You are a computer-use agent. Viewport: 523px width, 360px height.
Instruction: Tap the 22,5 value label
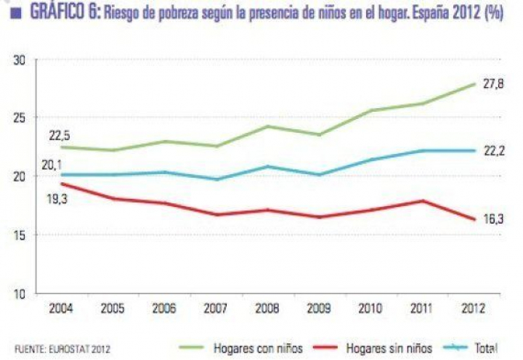(x=60, y=134)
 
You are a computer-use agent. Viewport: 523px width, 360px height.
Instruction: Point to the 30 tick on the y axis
(x=20, y=60)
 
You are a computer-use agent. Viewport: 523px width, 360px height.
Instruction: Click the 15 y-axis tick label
(x=20, y=235)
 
